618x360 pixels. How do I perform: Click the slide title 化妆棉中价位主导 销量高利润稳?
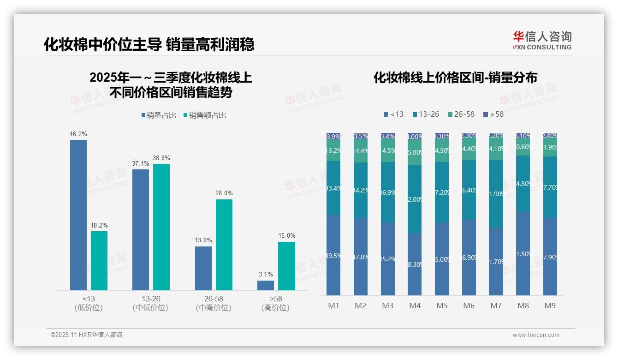click(x=149, y=45)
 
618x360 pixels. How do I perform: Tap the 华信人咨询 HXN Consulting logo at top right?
click(x=542, y=40)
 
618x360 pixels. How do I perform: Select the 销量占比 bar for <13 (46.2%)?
click(x=78, y=215)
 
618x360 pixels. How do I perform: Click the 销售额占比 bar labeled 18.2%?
click(x=99, y=260)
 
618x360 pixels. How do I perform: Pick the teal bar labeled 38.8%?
click(x=161, y=227)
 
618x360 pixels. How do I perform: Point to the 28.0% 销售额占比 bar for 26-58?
click(x=224, y=245)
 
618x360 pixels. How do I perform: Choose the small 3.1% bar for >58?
click(x=266, y=285)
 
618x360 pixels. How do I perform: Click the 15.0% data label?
click(x=287, y=235)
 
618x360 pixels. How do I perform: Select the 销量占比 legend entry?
click(x=159, y=115)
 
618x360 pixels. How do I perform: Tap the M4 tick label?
click(x=415, y=306)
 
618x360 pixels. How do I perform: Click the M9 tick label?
click(x=550, y=306)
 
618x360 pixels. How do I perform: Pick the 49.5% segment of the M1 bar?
click(x=333, y=255)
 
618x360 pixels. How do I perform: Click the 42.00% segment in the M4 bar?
click(x=415, y=199)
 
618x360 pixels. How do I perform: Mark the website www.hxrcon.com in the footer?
click(x=536, y=335)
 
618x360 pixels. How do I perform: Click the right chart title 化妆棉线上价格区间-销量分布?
click(x=455, y=78)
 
